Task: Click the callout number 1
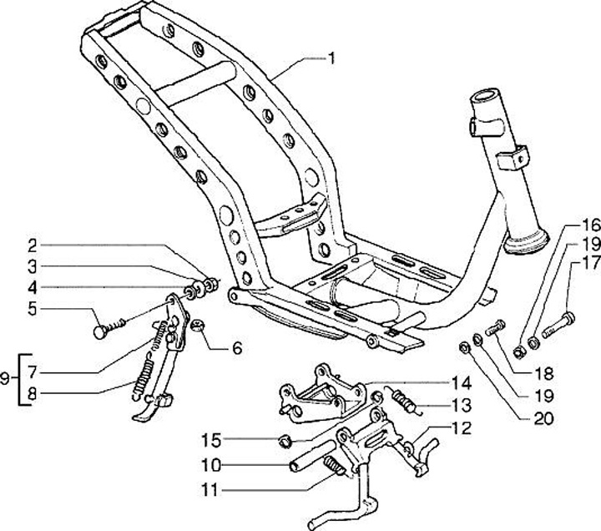(x=332, y=58)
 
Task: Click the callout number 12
(x=461, y=429)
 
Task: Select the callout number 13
(x=461, y=407)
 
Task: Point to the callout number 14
(x=461, y=384)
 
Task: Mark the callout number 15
(x=210, y=438)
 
